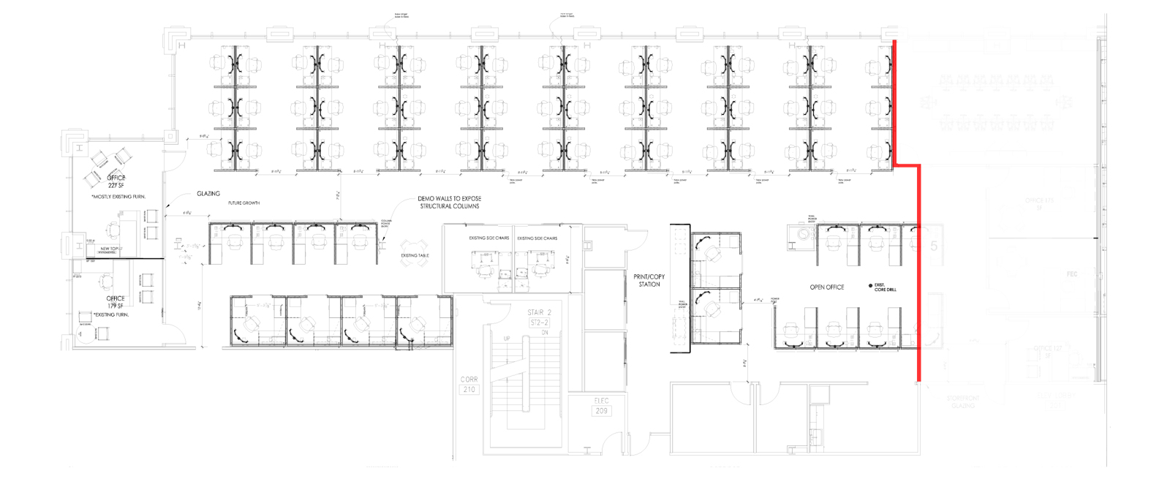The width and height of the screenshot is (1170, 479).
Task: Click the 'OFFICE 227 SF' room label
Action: click(x=116, y=181)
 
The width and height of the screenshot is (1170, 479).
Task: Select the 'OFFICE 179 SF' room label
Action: click(x=116, y=302)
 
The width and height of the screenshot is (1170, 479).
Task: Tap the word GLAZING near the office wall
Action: click(x=208, y=194)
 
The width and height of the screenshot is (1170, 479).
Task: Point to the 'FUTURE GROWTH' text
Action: click(x=244, y=203)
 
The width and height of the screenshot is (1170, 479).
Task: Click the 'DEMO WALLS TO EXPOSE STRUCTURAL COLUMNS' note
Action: click(x=449, y=203)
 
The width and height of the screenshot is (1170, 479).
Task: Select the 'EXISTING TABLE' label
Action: click(x=415, y=256)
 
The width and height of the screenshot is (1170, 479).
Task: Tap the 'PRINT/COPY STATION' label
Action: click(x=649, y=280)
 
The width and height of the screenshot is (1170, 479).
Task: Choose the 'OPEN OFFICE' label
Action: click(x=826, y=287)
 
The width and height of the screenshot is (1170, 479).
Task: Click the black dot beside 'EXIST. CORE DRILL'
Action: click(x=870, y=286)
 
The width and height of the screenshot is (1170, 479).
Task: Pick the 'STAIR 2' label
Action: click(x=540, y=312)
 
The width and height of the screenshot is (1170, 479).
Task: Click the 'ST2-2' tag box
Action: click(x=540, y=322)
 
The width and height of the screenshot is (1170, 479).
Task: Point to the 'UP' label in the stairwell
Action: click(x=507, y=339)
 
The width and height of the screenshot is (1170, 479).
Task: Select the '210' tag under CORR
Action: click(x=469, y=389)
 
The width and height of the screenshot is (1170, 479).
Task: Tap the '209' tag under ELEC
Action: click(x=601, y=411)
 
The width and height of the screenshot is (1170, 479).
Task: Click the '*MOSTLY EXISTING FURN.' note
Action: click(x=118, y=197)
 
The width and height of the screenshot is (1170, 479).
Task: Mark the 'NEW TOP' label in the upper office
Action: click(x=109, y=249)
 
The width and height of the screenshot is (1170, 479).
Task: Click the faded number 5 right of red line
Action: click(x=934, y=246)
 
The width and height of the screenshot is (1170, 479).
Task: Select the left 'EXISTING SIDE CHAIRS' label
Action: click(x=488, y=238)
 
